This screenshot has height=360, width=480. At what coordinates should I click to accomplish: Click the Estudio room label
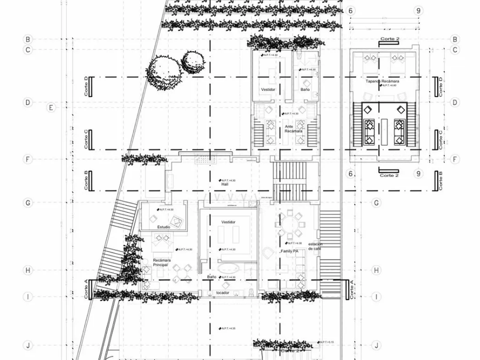164,227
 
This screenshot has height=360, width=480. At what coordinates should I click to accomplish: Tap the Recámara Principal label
162,263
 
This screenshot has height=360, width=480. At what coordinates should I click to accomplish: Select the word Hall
225,185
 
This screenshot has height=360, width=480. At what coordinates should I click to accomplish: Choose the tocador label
223,293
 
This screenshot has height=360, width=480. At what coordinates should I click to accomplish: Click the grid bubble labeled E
51,107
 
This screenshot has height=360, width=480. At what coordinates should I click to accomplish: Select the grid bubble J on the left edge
27,345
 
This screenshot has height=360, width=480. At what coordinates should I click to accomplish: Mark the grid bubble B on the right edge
455,39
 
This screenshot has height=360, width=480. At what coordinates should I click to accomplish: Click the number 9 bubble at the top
419,11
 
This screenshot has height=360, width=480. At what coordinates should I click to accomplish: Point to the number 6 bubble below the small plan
351,174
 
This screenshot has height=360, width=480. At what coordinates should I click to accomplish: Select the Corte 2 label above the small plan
389,38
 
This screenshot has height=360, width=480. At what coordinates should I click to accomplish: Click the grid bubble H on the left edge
27,270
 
